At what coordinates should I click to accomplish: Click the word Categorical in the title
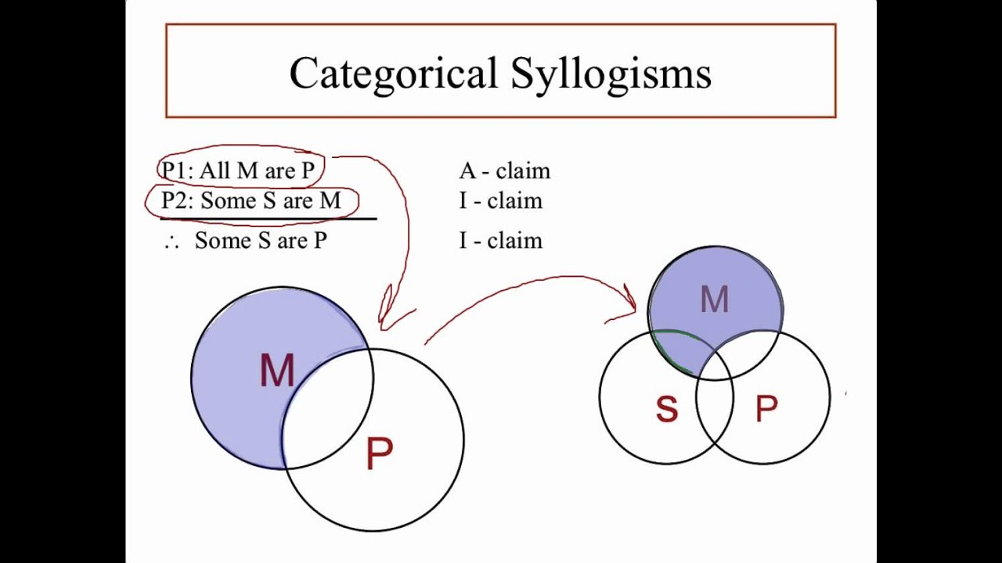[x=393, y=74]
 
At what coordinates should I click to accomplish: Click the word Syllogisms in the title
[x=611, y=74]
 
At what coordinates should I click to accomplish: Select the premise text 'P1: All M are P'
[x=238, y=170]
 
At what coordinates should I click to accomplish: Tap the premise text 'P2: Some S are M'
[x=251, y=201]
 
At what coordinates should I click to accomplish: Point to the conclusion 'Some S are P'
[x=261, y=241]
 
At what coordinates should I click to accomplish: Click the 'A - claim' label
[x=504, y=170]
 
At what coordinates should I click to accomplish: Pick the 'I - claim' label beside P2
[x=500, y=201]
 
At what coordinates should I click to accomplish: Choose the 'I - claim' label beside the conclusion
[x=500, y=241]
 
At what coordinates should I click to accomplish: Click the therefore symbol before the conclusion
[x=172, y=242]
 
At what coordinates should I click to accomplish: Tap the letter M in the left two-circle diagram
[x=276, y=371]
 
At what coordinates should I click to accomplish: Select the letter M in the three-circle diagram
[x=714, y=299]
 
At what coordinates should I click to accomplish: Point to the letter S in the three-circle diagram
[x=666, y=409]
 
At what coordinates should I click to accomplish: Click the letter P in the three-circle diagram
[x=766, y=409]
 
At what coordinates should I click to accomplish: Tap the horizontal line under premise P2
[x=268, y=220]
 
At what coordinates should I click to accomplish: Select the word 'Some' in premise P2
[x=229, y=201]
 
